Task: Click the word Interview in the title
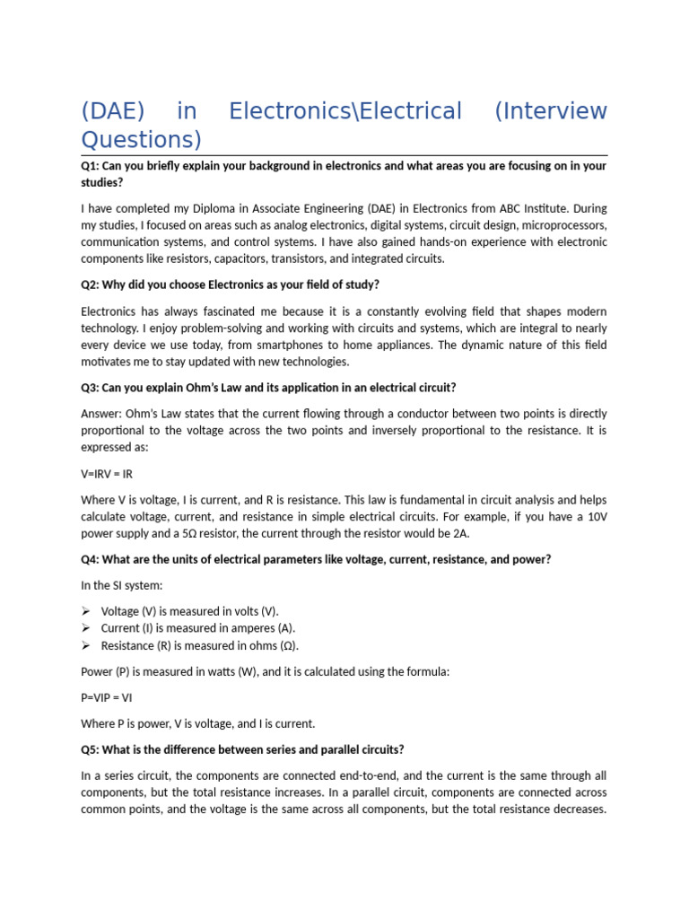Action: pyautogui.click(x=551, y=111)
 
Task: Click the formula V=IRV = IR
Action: pyautogui.click(x=107, y=473)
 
